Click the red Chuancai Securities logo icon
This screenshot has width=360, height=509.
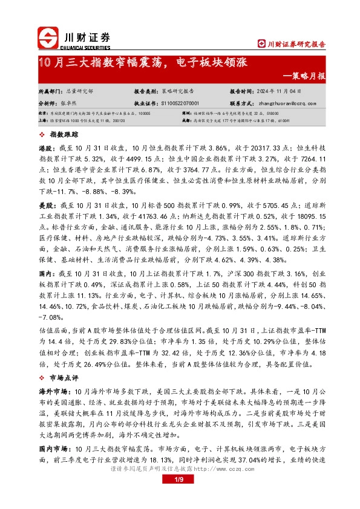coord(49,38)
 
